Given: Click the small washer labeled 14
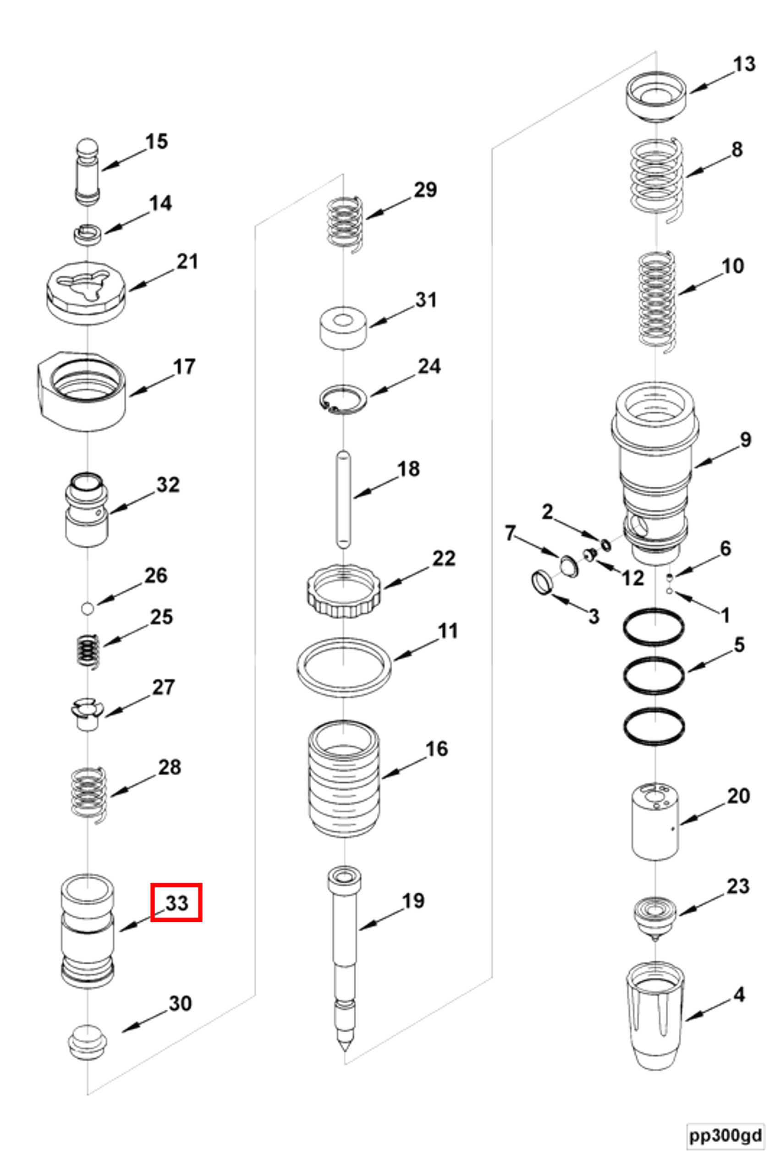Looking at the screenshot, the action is click(88, 233).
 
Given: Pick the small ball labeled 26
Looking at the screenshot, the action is click(88, 608).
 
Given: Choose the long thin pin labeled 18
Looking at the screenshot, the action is click(343, 500).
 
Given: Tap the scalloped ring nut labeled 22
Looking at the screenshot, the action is click(343, 591).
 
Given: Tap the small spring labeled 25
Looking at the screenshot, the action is click(90, 652).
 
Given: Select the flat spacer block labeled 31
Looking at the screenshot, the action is click(343, 328).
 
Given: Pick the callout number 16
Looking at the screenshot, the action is click(436, 749).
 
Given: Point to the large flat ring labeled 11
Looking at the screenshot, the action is click(344, 667).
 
